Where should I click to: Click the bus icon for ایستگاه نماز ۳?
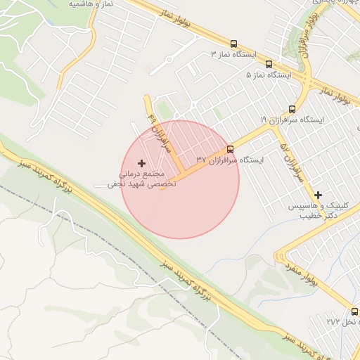pos(233,43)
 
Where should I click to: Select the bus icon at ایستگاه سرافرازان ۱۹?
pos(291,108)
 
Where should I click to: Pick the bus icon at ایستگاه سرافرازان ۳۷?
pos(230,148)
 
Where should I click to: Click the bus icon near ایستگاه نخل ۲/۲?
pos(354,311)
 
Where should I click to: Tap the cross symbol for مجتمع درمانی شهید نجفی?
pos(141,162)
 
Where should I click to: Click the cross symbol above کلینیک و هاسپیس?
pos(318,195)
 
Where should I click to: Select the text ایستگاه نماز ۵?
pos(268,74)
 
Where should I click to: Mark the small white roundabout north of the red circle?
pos(169,60)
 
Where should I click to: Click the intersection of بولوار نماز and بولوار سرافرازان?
pos(307,79)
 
